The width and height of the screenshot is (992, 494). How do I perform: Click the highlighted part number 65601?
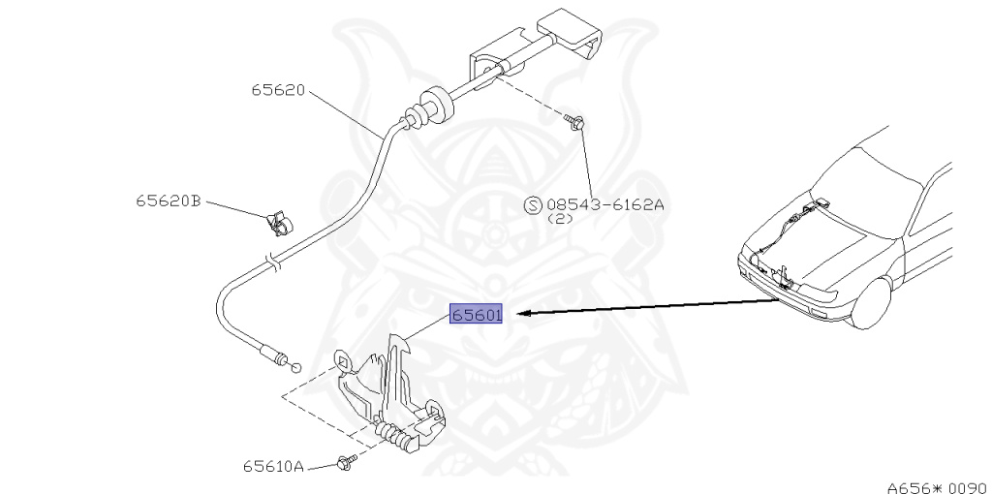[x=476, y=315]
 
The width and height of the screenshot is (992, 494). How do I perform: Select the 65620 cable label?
[x=278, y=90]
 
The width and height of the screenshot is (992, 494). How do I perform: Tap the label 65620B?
[x=168, y=201]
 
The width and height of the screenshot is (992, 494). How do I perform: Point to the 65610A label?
[x=273, y=466]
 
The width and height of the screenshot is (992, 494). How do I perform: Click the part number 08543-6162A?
[x=606, y=204]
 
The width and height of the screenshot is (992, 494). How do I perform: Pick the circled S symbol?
[x=532, y=204]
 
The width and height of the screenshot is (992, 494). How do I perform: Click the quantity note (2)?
[x=562, y=220]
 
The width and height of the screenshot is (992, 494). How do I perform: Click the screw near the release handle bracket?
[x=575, y=122]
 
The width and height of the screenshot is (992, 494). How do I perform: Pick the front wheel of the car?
[x=878, y=305]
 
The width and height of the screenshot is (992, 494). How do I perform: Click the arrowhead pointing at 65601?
[x=524, y=314]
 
